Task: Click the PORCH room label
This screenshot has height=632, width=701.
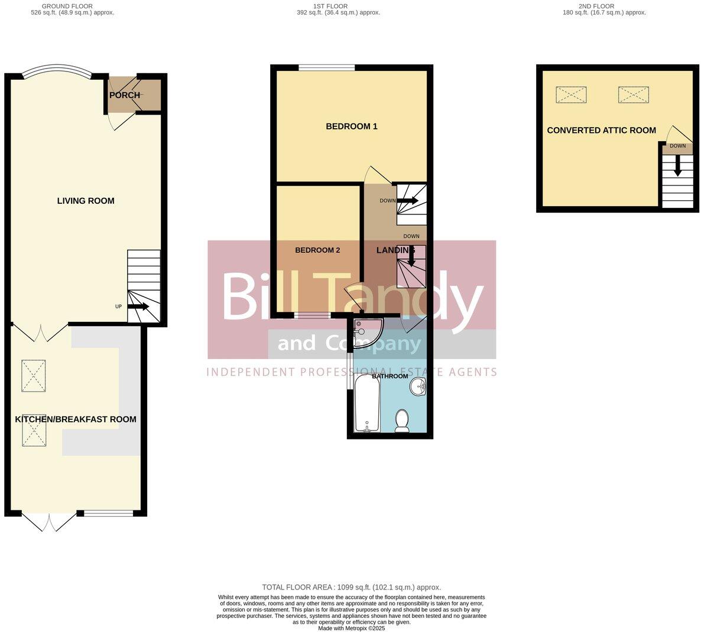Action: click(x=125, y=95)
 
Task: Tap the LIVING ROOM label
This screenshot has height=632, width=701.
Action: click(x=86, y=201)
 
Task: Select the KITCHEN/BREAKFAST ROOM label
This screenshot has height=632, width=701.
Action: click(x=76, y=419)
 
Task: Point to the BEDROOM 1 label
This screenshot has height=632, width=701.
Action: click(x=352, y=126)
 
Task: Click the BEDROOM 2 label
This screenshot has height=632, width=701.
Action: click(x=317, y=250)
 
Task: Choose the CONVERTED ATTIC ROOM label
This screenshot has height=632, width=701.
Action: click(x=601, y=130)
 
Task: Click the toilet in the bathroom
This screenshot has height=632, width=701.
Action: click(x=402, y=421)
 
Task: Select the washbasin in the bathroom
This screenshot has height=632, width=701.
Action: click(x=418, y=387)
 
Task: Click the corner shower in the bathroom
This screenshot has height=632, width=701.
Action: click(x=366, y=332)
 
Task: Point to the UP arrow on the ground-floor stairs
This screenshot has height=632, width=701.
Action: click(x=138, y=307)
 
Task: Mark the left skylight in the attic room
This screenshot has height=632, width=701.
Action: click(x=571, y=95)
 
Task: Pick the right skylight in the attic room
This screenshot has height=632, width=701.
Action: click(x=633, y=95)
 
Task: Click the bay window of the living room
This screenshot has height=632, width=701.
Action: click(x=57, y=73)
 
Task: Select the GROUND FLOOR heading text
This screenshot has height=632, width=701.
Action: click(x=67, y=6)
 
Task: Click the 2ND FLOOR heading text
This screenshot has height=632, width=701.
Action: click(x=596, y=6)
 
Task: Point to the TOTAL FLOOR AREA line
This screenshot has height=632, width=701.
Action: click(x=351, y=587)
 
